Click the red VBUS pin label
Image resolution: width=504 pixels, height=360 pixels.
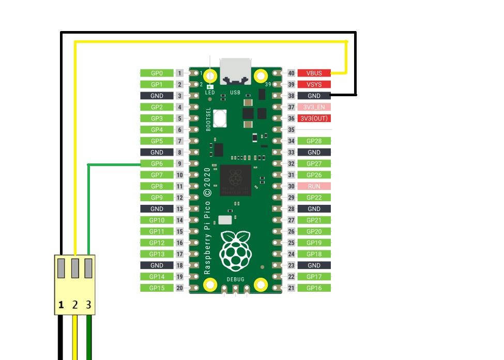[x=314, y=73]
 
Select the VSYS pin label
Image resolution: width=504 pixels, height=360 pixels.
[x=314, y=84]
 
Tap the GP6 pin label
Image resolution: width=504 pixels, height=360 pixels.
[x=157, y=163]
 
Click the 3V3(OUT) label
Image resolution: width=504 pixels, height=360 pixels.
[x=314, y=118]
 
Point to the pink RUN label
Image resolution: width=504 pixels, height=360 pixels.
[x=314, y=186]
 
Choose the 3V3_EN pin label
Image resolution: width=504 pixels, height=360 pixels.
[x=314, y=107]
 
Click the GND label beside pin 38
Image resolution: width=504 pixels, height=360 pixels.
[x=314, y=96]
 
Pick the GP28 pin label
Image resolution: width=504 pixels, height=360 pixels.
[x=314, y=141]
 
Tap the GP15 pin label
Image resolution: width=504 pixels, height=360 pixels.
[x=157, y=288]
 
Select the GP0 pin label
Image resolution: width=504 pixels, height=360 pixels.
[x=157, y=73]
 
